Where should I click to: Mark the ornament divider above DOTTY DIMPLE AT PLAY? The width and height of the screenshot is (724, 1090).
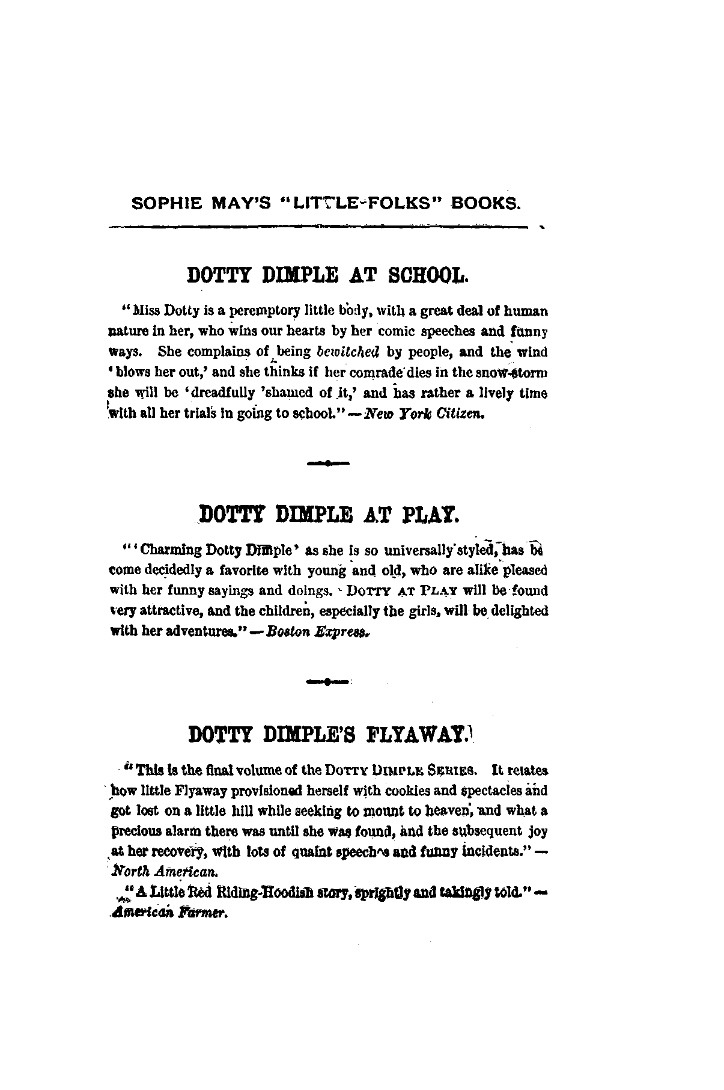[x=327, y=464]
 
